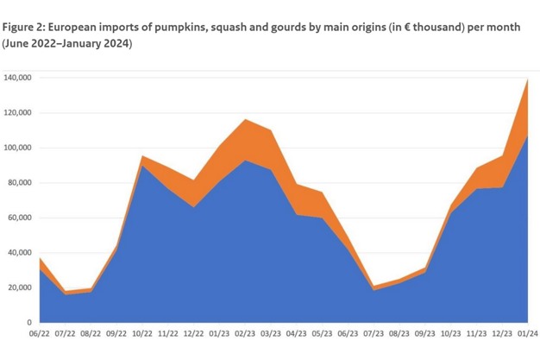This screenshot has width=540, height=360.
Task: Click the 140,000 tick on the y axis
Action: [x=18, y=78]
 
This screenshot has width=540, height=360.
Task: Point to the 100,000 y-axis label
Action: [x=18, y=148]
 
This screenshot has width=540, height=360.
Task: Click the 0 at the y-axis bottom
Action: [x=29, y=322]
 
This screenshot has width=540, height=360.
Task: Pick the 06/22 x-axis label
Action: [x=40, y=333]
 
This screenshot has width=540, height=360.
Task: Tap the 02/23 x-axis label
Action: [x=245, y=333]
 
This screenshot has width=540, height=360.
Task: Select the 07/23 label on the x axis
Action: [x=374, y=333]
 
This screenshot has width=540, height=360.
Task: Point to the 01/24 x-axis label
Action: [x=527, y=333]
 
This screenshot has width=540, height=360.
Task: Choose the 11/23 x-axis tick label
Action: [x=476, y=333]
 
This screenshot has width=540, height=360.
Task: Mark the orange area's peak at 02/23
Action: [x=245, y=120]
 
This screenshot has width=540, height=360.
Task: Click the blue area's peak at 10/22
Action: [x=142, y=166]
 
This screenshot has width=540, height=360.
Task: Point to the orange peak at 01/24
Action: [x=526, y=79]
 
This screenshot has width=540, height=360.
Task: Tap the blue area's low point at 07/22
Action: [x=66, y=295]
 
